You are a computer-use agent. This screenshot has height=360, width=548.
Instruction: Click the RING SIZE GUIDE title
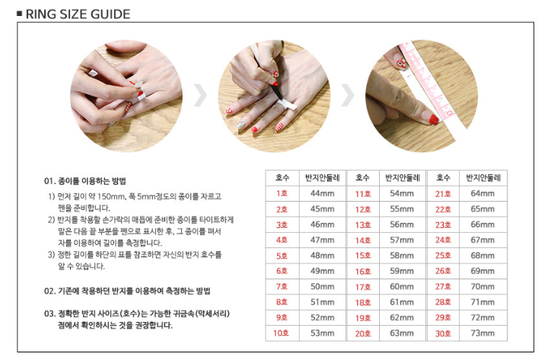78,14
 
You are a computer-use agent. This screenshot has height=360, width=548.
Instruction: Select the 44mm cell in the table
322,193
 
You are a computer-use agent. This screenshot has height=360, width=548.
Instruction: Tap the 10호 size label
281,333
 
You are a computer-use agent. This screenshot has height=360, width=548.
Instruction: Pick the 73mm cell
483,333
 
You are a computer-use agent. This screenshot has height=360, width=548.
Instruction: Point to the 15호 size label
363,256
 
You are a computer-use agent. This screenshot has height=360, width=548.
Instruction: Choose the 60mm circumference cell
402,287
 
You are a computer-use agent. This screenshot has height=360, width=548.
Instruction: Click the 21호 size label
443,193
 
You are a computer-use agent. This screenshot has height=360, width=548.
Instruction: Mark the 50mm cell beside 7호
322,287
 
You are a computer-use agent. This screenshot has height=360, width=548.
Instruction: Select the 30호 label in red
443,333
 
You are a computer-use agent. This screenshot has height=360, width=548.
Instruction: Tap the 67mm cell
483,240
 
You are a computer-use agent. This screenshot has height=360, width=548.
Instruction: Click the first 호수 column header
282,177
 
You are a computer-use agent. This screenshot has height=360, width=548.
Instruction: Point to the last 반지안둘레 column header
483,177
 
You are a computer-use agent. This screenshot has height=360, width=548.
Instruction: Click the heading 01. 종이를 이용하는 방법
85,181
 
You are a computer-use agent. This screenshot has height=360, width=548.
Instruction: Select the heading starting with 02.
127,291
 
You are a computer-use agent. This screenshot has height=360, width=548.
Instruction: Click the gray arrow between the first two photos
200,95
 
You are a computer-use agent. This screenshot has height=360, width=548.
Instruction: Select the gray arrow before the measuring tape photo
348,95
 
